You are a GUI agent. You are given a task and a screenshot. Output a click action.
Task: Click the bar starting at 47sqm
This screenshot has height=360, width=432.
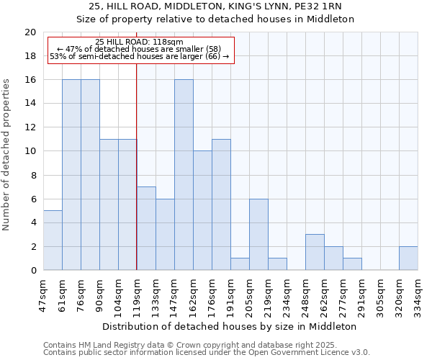pos(53,240)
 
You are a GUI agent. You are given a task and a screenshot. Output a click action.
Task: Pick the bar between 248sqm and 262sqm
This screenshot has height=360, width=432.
pos(315,252)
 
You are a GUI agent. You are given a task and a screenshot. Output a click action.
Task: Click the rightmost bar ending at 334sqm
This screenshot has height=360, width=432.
pos(408,258)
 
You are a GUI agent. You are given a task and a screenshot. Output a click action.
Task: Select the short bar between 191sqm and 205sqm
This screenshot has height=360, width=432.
pos(240,264)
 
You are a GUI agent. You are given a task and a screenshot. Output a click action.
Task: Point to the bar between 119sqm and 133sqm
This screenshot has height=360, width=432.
pos(146,228)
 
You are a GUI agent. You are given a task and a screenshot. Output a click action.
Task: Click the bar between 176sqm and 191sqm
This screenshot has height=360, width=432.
pos(221,204)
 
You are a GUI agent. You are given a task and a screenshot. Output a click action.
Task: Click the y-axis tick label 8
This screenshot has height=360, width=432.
pos(32,175)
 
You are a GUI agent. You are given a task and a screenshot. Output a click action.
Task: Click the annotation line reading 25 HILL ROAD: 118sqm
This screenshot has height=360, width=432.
pos(139,42)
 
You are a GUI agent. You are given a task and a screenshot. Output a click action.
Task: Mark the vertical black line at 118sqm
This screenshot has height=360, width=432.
pos(136,166)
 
